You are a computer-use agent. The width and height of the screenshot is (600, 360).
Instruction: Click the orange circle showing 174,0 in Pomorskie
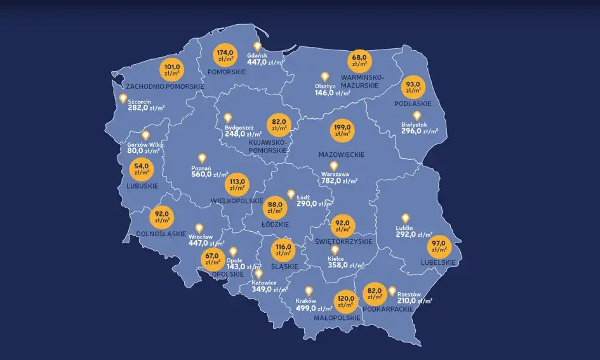pos(225,57)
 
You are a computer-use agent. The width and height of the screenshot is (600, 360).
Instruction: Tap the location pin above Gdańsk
pos(258,46)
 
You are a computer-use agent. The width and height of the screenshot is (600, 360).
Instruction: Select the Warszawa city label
pos(337,173)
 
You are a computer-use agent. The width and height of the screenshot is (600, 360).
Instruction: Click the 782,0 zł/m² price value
pos(340,181)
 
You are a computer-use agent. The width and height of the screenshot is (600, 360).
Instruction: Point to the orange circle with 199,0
pos(343,131)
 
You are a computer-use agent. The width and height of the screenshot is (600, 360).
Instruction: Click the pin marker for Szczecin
pos(123,98)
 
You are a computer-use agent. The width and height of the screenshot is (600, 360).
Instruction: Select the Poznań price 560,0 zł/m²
pos(210,175)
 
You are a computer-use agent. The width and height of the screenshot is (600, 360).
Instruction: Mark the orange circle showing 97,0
pos(446,246)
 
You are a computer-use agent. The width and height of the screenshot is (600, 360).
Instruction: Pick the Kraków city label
pos(306,301)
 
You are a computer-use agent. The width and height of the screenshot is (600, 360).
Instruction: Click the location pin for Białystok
pos(417,116)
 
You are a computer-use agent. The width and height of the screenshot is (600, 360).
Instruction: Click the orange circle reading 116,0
pos(283,250)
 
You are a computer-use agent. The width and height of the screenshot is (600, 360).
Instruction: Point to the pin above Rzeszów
pos(392,290)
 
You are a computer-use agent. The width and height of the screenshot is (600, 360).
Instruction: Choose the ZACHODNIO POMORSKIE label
pos(164,85)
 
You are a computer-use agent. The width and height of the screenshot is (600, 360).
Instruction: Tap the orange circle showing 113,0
pos(237,185)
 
